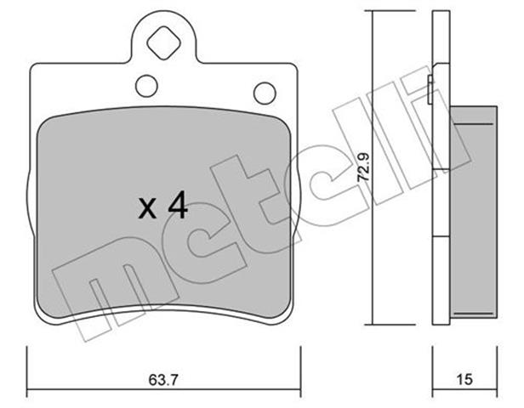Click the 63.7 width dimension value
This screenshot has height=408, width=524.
(x=163, y=380)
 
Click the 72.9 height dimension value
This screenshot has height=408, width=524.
(x=363, y=167)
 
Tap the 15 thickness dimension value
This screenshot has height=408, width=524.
(x=464, y=380)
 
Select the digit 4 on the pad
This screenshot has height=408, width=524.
(x=178, y=207)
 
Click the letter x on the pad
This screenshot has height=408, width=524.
(x=147, y=209)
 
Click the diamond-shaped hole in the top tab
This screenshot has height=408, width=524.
(x=163, y=43)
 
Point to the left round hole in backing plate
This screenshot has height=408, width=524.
(x=146, y=86)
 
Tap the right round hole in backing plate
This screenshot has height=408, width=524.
(x=265, y=93)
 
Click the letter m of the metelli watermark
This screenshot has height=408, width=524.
(x=114, y=287)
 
